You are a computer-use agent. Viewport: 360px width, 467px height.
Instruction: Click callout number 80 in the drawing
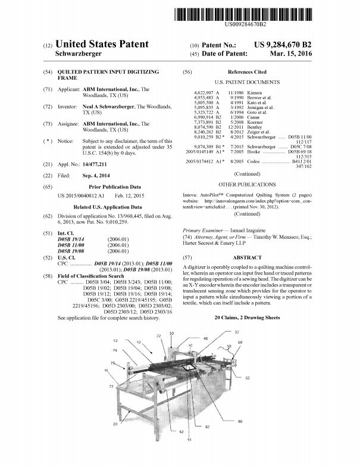[240, 421]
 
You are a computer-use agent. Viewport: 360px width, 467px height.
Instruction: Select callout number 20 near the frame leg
[115, 424]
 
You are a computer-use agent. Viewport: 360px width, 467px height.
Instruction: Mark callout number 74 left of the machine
[115, 351]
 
